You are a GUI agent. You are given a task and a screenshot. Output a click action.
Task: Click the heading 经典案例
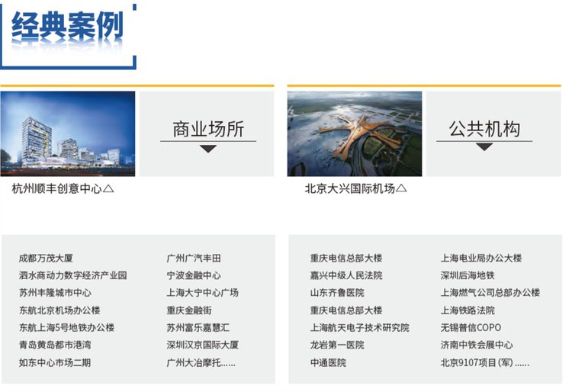(67, 26)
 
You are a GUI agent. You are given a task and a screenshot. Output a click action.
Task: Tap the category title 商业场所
(208, 129)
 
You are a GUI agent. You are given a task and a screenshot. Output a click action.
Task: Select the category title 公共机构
(484, 129)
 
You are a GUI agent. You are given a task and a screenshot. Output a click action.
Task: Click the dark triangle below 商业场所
(208, 149)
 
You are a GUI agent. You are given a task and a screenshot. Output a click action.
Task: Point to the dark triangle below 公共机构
(484, 147)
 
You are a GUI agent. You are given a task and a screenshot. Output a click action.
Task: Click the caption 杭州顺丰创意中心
(57, 188)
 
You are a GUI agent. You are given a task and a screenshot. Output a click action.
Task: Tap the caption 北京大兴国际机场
(350, 188)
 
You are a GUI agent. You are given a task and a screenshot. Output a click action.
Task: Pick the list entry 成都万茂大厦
(46, 259)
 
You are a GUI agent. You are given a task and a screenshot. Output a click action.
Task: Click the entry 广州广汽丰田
(194, 259)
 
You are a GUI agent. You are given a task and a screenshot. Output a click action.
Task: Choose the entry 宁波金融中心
(194, 275)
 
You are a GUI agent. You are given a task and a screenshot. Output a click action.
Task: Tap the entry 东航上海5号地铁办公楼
(67, 327)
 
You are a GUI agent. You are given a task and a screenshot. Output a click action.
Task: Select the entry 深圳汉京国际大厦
(202, 345)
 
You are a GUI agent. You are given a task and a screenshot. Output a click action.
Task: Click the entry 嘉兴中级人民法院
(346, 275)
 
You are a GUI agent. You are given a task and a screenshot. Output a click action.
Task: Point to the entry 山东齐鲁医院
(337, 292)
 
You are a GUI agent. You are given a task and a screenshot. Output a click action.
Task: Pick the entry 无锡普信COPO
(471, 327)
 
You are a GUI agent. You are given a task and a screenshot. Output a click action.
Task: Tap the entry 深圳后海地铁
(468, 275)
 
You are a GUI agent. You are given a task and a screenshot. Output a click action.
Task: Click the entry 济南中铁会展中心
(477, 345)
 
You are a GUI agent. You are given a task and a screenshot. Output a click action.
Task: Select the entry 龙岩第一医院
(337, 345)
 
